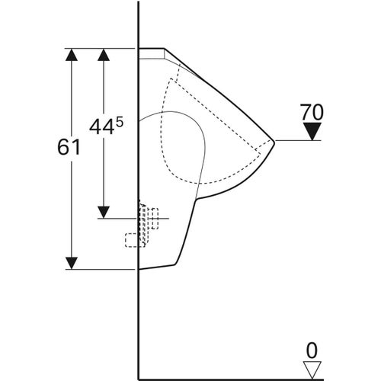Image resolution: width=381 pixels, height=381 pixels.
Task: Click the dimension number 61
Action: pyautogui.click(x=69, y=147)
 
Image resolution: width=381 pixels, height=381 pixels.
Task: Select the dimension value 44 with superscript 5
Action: pyautogui.click(x=106, y=126)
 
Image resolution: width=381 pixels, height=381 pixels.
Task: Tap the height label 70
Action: pyautogui.click(x=312, y=112)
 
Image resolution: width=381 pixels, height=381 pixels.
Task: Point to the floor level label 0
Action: pyautogui.click(x=312, y=351)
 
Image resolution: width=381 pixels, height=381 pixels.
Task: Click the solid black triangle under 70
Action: pyautogui.click(x=312, y=131)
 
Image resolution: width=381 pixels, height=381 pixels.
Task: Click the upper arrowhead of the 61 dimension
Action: pyautogui.click(x=72, y=55)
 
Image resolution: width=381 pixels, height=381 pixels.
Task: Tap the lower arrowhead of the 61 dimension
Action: pyautogui.click(x=72, y=263)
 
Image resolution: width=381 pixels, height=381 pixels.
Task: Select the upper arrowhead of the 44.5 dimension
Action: pyautogui.click(x=104, y=55)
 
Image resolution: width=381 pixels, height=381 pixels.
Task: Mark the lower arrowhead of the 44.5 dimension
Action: pyautogui.click(x=104, y=213)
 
